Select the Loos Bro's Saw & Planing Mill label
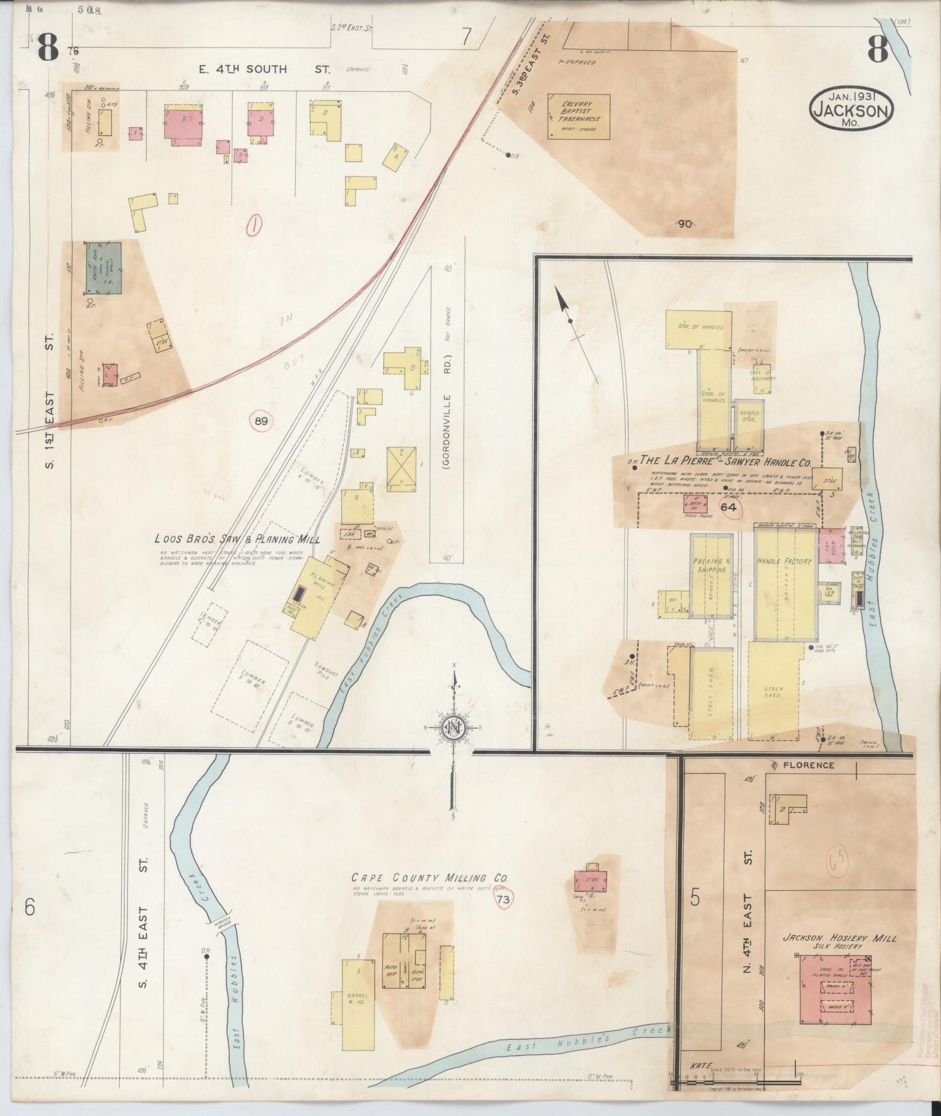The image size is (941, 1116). pyautogui.click(x=236, y=539)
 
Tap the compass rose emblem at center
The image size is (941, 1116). pyautogui.click(x=452, y=727)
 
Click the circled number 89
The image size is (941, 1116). pyautogui.click(x=260, y=421)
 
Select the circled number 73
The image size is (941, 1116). pyautogui.click(x=502, y=899)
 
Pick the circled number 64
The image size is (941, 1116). pyautogui.click(x=728, y=508)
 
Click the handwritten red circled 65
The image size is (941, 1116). pyautogui.click(x=837, y=864)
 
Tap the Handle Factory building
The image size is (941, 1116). pyautogui.click(x=785, y=586)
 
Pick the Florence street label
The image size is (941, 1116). pyautogui.click(x=809, y=765)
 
